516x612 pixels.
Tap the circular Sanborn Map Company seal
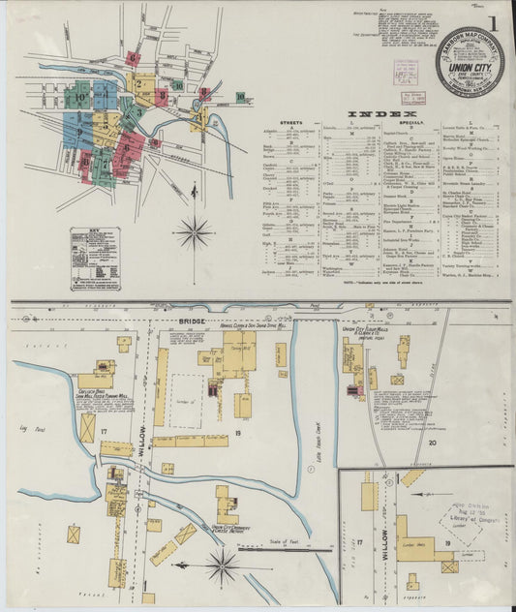coord(469,60)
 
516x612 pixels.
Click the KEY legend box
coord(95,259)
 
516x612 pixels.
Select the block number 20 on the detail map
coord(431,441)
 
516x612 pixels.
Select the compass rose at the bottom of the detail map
coord(222,565)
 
